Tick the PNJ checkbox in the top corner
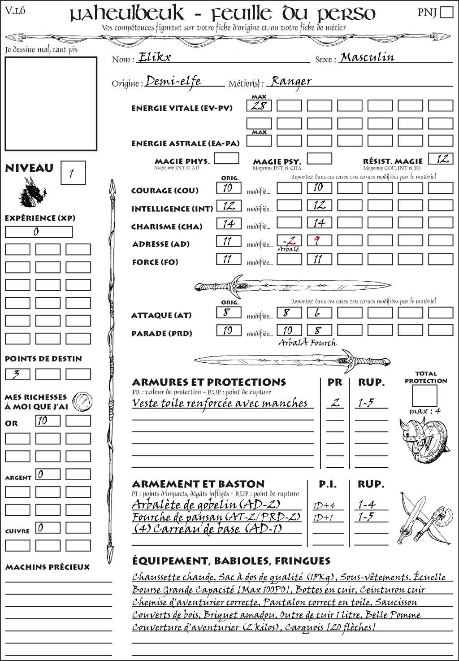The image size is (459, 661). coord(446,12)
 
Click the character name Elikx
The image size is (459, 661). coord(155,57)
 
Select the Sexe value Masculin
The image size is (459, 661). coord(367,57)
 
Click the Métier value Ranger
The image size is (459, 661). coord(291,81)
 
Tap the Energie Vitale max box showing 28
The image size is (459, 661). coord(259,106)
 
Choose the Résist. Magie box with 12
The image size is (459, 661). coord(441,159)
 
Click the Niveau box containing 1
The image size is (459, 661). coord(73,173)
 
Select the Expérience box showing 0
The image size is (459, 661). coord(39,232)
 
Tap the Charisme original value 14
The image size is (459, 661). coord(229,223)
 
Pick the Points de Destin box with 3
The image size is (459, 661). coord(17,374)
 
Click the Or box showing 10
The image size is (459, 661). coord(48,421)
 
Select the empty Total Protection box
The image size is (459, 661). coord(424,396)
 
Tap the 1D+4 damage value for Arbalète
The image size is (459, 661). coord(325,505)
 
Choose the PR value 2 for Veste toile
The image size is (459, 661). coord(335,403)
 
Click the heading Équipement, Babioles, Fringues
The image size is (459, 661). coord(231,561)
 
